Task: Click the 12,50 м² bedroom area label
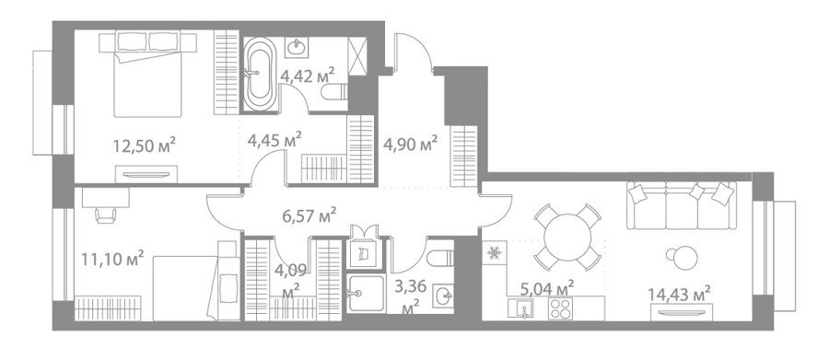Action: [x=145, y=145]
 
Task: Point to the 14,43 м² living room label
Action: [x=679, y=294]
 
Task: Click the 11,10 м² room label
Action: [x=112, y=259]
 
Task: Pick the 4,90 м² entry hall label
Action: [x=410, y=144]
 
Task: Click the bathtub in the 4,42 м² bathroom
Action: [x=260, y=74]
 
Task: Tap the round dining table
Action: [x=567, y=238]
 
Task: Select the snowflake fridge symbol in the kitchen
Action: [x=495, y=252]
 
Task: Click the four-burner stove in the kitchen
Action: [x=560, y=308]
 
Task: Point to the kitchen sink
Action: [x=520, y=308]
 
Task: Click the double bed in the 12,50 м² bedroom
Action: [x=148, y=74]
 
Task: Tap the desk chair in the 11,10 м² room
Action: [x=106, y=215]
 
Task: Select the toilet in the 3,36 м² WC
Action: [x=440, y=259]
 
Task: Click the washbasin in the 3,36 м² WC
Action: [x=443, y=296]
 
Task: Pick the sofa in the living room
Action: [x=682, y=205]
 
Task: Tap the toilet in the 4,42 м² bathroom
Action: [x=334, y=92]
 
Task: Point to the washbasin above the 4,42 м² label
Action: [x=296, y=48]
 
